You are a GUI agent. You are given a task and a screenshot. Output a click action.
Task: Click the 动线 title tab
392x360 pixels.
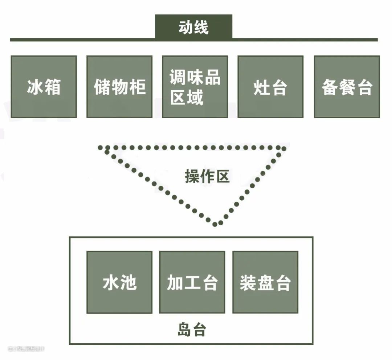193,27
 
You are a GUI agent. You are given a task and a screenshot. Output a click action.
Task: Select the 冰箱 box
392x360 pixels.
44,87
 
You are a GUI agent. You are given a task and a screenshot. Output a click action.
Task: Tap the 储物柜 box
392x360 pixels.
119,87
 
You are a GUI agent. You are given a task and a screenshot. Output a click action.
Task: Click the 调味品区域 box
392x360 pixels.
195,87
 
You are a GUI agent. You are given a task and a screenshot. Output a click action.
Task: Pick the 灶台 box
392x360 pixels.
270,87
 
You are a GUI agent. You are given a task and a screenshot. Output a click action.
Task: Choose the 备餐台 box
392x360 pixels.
347,87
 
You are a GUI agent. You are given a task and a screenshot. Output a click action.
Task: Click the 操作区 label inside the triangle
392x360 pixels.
207,177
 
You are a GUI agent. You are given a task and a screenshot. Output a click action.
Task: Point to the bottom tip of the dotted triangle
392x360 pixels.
215,224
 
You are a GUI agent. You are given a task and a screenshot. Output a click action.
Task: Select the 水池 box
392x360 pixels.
119,282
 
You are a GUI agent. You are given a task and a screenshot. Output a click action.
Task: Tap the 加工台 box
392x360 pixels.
192,282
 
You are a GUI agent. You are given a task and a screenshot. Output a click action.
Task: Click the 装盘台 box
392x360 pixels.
265,282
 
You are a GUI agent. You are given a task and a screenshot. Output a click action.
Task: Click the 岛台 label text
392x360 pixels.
192,330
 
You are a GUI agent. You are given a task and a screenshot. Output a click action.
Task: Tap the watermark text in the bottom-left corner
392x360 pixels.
26,349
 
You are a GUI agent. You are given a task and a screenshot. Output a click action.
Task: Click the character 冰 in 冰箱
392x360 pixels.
35,87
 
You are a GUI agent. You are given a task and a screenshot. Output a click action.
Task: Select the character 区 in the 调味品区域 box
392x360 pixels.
178,97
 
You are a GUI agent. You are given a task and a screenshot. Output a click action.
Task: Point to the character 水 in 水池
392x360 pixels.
111,282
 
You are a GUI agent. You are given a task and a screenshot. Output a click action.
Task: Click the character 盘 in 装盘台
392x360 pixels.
265,282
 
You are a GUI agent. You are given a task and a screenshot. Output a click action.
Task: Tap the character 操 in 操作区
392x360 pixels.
192,177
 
